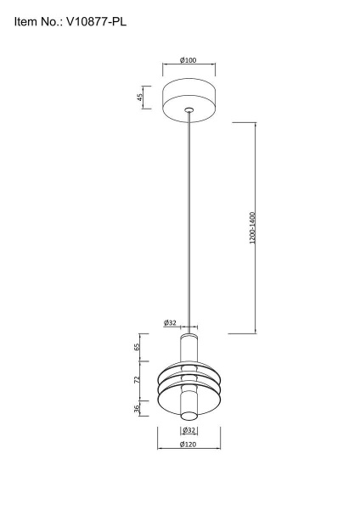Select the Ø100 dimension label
click(x=188, y=60)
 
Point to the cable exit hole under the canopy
click(x=188, y=110)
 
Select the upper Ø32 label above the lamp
click(x=170, y=322)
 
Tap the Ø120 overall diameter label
click(x=188, y=444)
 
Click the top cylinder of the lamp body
click(x=188, y=348)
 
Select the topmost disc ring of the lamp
click(x=188, y=366)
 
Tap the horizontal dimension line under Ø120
click(x=188, y=450)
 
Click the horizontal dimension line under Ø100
click(x=188, y=66)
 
